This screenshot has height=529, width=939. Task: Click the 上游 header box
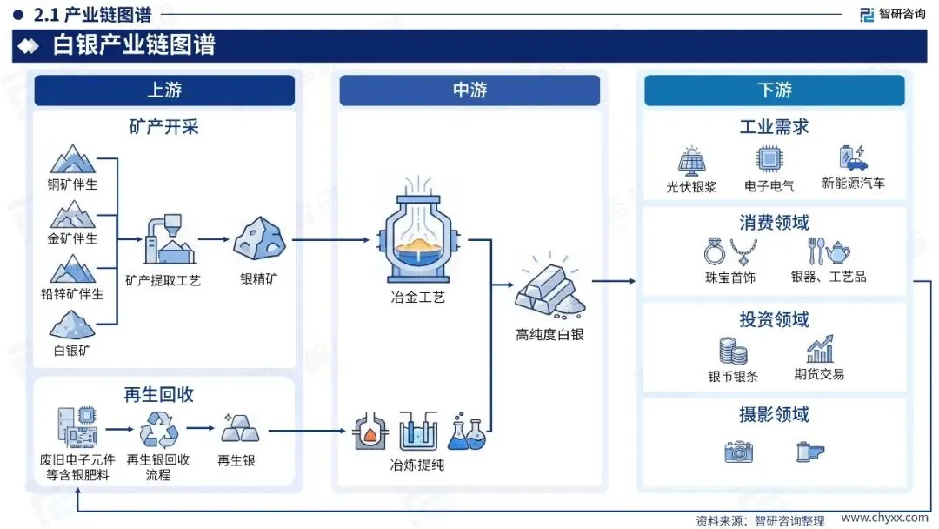[164, 90]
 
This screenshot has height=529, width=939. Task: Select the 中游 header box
[469, 90]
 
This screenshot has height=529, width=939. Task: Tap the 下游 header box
[774, 90]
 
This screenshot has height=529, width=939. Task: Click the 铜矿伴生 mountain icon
[73, 159]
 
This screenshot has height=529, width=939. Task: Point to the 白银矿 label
[73, 351]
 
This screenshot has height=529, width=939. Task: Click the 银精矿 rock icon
[259, 238]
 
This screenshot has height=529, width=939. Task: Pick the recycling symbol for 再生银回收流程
[158, 429]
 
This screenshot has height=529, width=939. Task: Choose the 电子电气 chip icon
[768, 159]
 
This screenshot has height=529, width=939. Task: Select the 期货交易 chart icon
[819, 348]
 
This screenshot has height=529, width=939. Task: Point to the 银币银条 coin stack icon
[733, 350]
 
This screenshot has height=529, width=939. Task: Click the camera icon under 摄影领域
[738, 451]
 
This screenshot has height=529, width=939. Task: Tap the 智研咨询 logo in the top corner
[892, 14]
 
